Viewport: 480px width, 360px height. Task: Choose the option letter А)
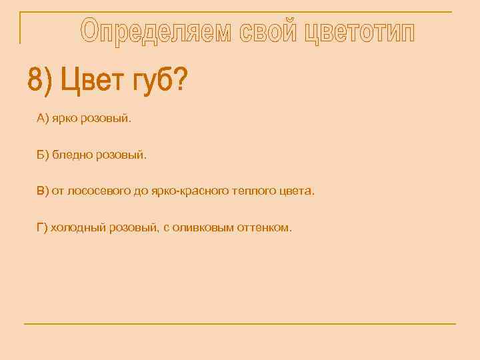coord(43,119)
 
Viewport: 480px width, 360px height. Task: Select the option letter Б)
coord(43,155)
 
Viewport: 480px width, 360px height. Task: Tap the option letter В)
coord(43,191)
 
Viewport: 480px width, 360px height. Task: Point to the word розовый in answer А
coord(107,119)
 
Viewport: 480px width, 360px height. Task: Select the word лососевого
coord(97,191)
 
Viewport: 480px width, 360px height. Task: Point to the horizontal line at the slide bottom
coord(240,324)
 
